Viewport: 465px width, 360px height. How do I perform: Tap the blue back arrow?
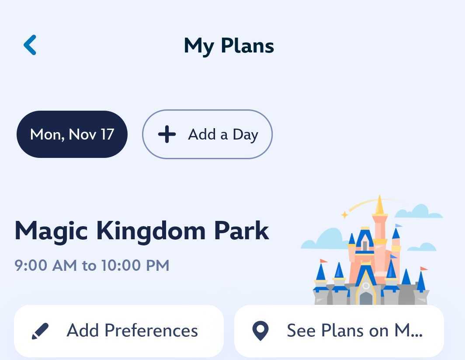coord(30,45)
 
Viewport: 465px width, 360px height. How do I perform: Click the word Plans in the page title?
coord(247,46)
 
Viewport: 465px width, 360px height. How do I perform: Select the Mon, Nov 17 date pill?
coord(72,134)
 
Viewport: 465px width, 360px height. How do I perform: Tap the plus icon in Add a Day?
coord(167,134)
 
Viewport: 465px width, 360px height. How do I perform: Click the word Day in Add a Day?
coord(245,135)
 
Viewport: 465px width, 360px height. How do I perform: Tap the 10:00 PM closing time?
coord(135,266)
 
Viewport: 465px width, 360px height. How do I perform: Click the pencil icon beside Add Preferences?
coord(40,331)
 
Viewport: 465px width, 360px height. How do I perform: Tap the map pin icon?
coord(261,331)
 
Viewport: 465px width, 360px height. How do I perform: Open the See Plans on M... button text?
coord(354,331)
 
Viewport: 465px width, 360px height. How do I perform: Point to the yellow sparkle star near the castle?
coord(344,214)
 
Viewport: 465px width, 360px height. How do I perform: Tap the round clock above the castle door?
coord(366,286)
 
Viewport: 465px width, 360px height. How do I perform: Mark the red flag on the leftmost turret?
coord(323,261)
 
